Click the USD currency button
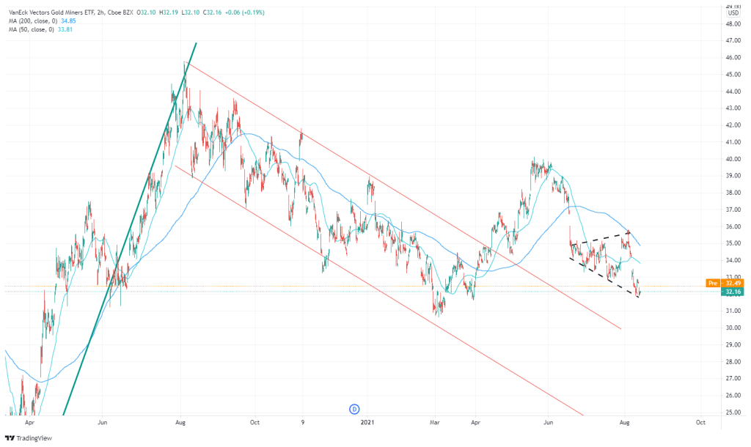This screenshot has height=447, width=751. (x=733, y=13)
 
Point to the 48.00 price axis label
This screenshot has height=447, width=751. (x=732, y=23)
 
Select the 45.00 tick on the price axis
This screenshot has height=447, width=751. (x=732, y=74)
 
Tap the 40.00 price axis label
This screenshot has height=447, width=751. (x=732, y=158)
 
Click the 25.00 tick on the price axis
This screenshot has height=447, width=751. (x=732, y=413)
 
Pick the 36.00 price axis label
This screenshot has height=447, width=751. (x=732, y=226)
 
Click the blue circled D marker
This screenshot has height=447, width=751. (x=353, y=408)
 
